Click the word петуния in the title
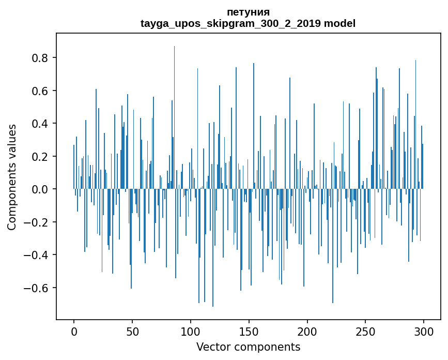coord(248,12)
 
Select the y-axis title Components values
coord(12,177)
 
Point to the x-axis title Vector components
coord(248,347)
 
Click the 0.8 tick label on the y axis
coord(40,58)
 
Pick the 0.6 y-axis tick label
coord(40,91)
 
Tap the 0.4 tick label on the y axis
coord(40,124)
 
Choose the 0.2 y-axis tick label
coord(40,157)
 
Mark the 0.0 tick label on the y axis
coord(40,189)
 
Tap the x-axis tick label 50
coord(132,331)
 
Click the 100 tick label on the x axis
coord(191,331)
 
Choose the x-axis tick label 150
coord(249,331)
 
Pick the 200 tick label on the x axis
coord(307,331)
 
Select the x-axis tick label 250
coord(366,331)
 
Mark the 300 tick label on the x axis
coord(424,331)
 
